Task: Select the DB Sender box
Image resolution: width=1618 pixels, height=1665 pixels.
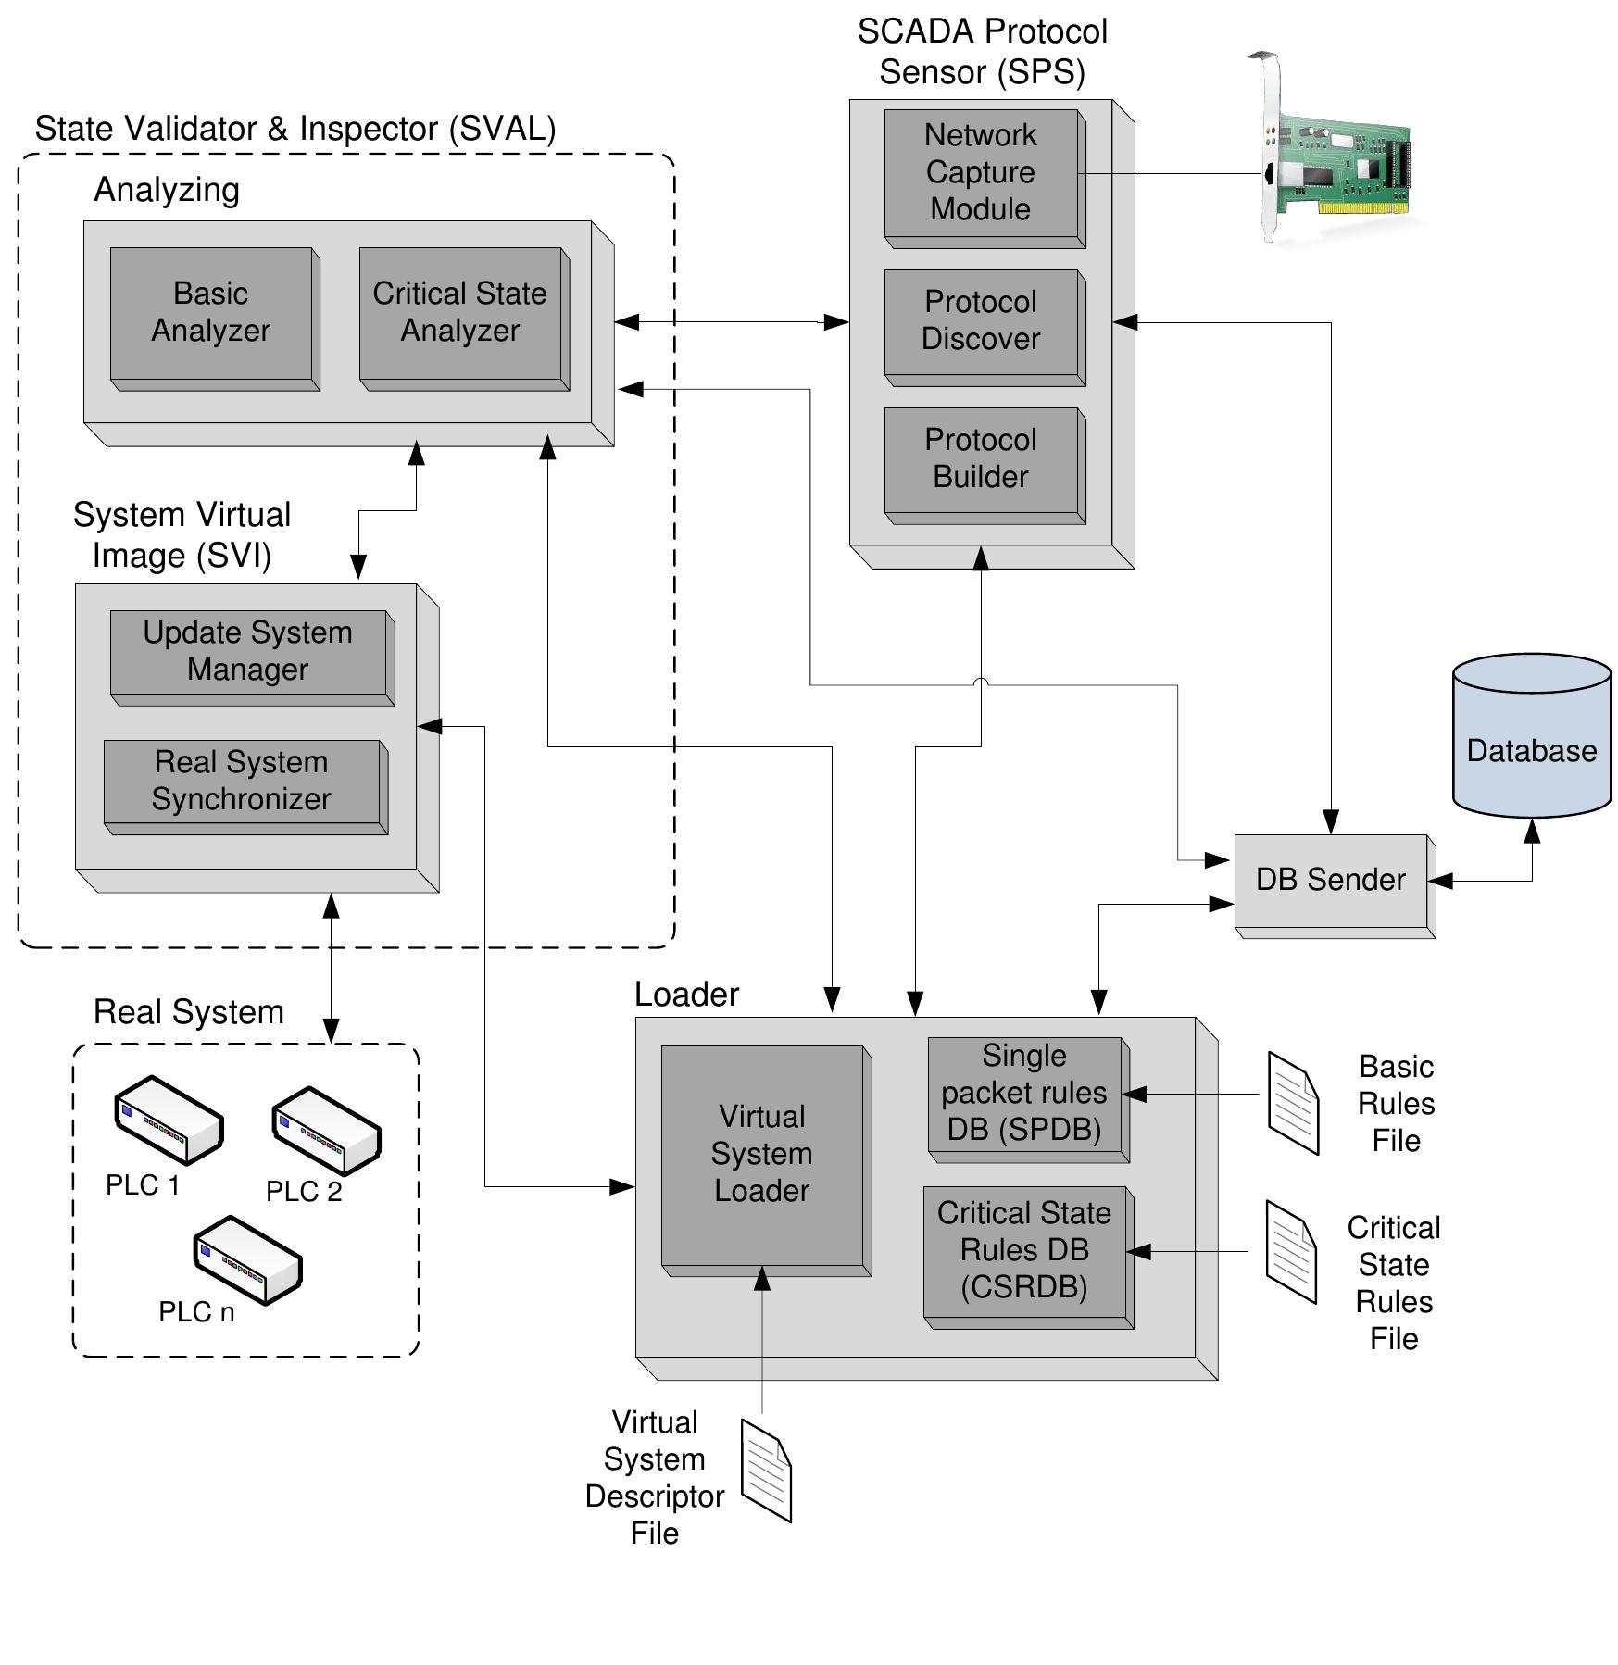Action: point(1331,880)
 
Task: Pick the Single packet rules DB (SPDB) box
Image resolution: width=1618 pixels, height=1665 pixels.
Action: point(1024,1094)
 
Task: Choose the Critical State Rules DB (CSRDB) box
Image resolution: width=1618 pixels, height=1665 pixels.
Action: point(1024,1251)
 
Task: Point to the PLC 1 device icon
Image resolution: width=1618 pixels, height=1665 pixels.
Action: point(169,1120)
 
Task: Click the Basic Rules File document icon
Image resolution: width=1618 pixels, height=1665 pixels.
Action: point(1293,1103)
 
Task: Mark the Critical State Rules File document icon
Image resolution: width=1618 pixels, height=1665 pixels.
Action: point(1291,1252)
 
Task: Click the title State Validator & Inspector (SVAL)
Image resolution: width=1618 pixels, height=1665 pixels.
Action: point(295,129)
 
